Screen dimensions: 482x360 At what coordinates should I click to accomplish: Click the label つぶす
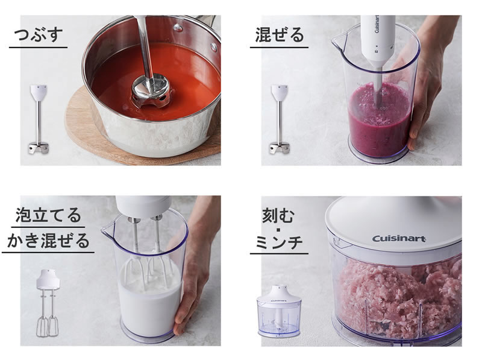[39, 34]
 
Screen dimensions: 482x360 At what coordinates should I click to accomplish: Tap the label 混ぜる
[280, 34]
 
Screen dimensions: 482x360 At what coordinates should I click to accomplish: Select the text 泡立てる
[48, 215]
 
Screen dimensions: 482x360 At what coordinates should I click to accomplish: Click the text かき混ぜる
[48, 241]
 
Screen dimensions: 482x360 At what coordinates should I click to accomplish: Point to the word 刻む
[278, 215]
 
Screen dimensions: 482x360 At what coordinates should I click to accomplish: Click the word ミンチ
[279, 242]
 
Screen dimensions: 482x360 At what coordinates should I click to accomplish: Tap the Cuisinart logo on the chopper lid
[399, 238]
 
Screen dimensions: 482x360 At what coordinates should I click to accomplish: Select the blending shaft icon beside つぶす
[39, 119]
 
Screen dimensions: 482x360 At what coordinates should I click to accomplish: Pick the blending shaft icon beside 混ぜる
[280, 119]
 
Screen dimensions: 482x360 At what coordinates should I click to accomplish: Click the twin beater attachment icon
[48, 303]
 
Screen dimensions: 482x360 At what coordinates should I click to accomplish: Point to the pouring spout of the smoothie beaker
[338, 39]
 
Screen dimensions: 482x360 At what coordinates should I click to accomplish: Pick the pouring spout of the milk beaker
[108, 229]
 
